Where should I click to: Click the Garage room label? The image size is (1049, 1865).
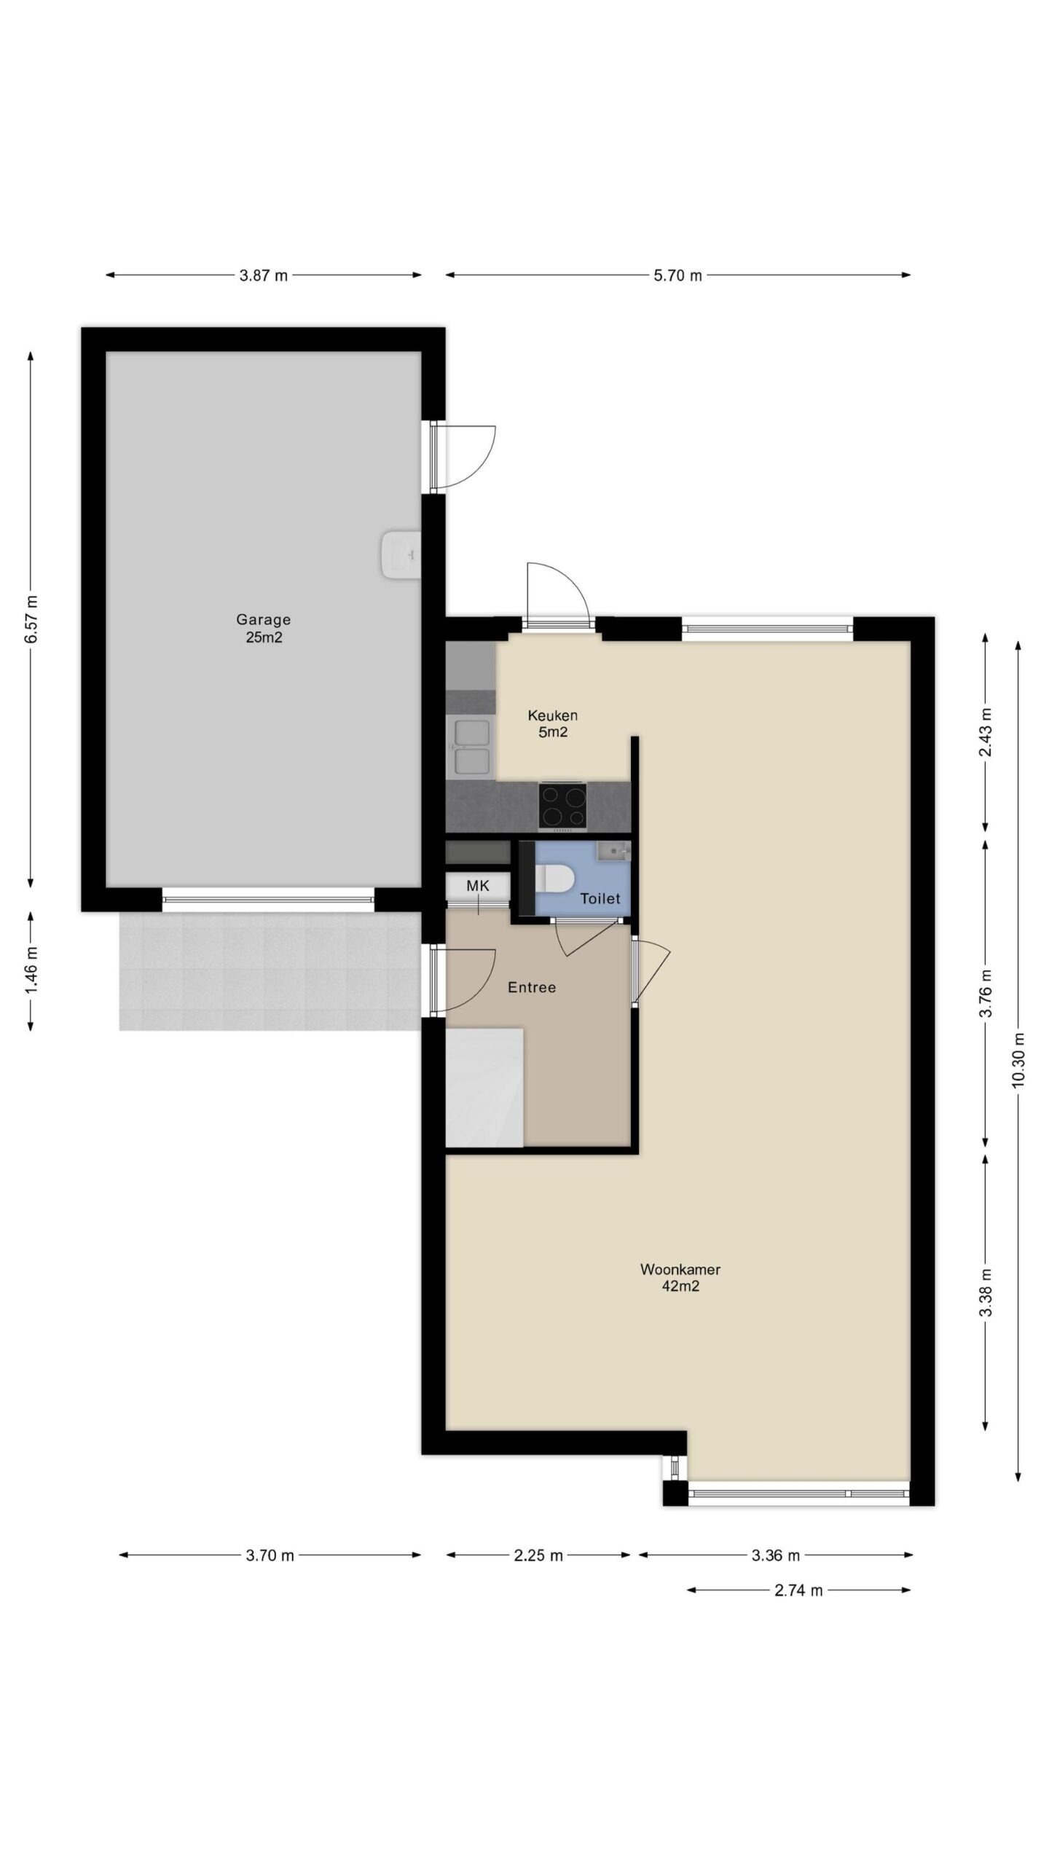tap(263, 619)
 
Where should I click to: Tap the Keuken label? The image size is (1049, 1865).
tap(553, 715)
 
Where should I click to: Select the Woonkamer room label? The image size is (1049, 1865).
tap(680, 1269)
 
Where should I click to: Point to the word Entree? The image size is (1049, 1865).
tap(532, 987)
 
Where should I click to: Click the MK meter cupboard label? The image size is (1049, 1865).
tap(478, 886)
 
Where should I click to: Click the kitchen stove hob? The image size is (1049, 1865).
tap(562, 805)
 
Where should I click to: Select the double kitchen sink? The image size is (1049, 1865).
tap(471, 746)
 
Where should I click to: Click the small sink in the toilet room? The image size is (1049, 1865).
tap(613, 851)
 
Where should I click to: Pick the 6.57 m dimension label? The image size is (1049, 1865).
tap(31, 619)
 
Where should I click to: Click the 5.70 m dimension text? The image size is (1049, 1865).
tap(678, 275)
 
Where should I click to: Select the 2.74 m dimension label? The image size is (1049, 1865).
tap(798, 1590)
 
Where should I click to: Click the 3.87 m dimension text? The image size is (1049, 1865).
tap(264, 275)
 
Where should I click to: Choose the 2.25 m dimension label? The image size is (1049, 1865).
tap(538, 1555)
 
